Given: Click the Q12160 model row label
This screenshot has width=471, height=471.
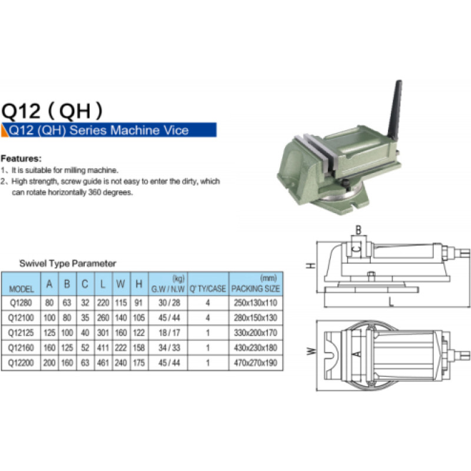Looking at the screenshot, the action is pos(21,348).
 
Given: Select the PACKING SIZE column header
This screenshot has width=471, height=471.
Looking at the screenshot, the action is pos(256,288).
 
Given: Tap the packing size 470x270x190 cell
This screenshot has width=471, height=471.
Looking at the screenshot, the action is pos(256,363).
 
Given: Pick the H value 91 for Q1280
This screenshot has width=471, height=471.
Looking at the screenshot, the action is pos(138,303).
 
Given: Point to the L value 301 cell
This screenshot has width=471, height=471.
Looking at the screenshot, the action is pos(102,333).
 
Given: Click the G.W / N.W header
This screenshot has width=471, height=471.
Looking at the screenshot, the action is pos(168,288).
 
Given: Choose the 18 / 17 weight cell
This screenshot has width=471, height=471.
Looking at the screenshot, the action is pos(169,333).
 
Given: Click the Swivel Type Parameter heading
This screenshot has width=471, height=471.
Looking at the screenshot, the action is pos(68,263).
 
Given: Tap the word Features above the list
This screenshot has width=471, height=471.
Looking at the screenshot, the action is pos(21,158).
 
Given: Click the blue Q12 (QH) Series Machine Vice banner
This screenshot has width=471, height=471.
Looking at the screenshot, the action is pos(109,130).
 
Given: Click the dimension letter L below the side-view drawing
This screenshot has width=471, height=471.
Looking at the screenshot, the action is pos(391,302).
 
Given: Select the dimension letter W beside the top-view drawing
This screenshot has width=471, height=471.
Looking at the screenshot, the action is pos(311,351).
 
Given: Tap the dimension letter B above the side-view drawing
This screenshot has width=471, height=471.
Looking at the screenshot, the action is pos(359,230).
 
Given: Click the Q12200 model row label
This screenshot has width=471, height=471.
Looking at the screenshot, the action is pos(21,363).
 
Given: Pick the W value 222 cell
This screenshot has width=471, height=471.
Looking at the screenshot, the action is pos(121,348).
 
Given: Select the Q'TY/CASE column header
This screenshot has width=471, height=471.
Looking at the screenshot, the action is pos(208,288).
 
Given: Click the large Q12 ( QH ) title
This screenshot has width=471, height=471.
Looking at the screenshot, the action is pos(52,111).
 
